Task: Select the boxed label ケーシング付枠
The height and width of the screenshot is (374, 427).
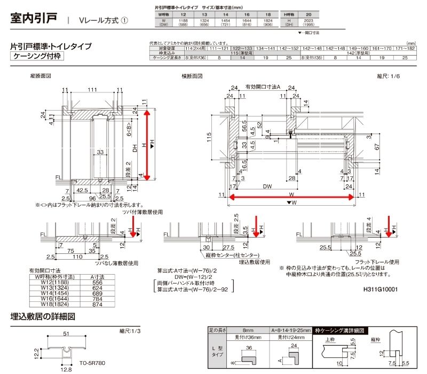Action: pyautogui.click(x=38, y=56)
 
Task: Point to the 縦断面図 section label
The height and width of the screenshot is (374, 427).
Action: pyautogui.click(x=41, y=76)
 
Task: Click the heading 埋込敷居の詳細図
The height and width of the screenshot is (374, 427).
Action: pyautogui.click(x=43, y=316)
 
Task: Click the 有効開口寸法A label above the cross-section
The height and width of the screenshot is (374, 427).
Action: pyautogui.click(x=262, y=86)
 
